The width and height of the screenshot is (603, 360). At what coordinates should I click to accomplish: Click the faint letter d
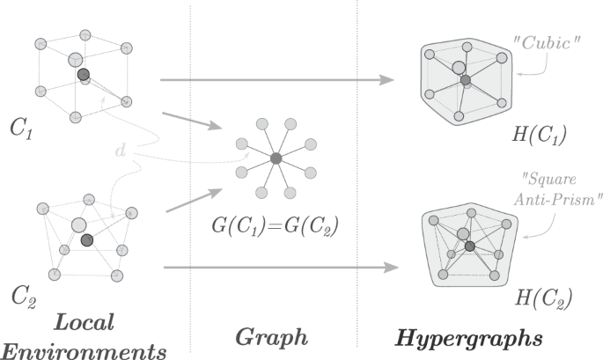pos(120,151)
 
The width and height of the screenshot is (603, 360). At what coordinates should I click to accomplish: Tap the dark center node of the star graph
pos(276,158)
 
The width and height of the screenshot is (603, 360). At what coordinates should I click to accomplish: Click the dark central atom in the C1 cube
pos(83,75)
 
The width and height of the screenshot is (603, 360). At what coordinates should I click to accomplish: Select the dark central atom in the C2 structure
pos(86,240)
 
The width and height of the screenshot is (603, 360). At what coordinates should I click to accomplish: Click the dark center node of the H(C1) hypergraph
pos(466,81)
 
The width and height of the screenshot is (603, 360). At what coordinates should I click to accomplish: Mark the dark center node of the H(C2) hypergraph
pos(470,246)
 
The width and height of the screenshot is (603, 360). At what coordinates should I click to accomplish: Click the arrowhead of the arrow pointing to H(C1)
pos(386,81)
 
